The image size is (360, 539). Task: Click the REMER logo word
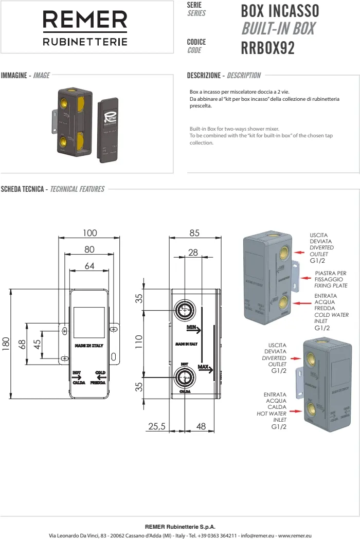85,21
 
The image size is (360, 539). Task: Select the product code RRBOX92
267,48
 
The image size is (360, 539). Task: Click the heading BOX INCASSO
280,11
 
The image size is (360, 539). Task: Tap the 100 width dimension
89,233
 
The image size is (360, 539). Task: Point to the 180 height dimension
6,344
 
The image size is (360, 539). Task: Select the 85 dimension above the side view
194,233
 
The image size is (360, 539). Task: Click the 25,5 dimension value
156,426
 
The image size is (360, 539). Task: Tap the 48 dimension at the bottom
201,426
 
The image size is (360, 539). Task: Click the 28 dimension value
193,253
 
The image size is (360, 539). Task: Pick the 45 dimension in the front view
38,344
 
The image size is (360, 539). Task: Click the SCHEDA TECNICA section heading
23,189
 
